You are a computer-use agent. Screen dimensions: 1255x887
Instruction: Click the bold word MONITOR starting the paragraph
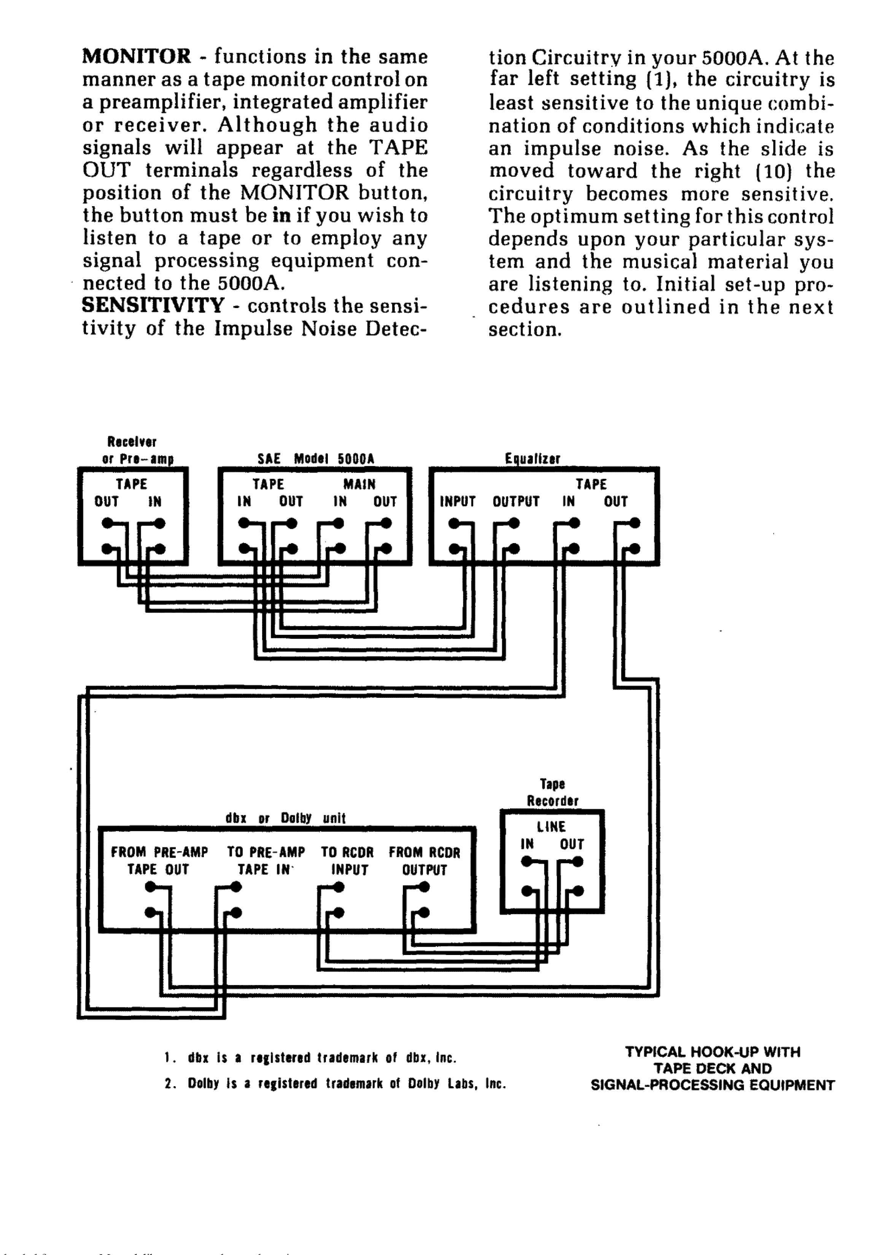[137, 56]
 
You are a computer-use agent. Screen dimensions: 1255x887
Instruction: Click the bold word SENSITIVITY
[153, 305]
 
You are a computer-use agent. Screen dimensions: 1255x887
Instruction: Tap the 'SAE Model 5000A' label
[316, 459]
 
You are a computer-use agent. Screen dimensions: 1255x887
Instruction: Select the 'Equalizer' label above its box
[532, 459]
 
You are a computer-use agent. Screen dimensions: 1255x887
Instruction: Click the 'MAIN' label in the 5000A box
[359, 484]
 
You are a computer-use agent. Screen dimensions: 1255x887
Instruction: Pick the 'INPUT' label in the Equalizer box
[458, 501]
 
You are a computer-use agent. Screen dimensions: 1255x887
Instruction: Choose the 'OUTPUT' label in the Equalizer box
[516, 501]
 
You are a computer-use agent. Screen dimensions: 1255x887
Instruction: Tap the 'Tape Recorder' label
[552, 793]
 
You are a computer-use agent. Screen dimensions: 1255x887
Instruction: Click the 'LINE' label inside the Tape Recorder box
[551, 827]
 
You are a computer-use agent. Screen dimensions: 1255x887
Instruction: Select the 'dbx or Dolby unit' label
[285, 818]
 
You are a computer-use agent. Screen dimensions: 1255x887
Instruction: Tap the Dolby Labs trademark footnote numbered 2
[335, 1083]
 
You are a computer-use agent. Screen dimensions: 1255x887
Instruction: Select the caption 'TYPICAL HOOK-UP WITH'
[712, 1052]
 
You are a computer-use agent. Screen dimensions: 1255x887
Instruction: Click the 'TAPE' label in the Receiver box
[131, 484]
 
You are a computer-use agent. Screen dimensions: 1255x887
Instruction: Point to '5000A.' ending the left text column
[251, 283]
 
